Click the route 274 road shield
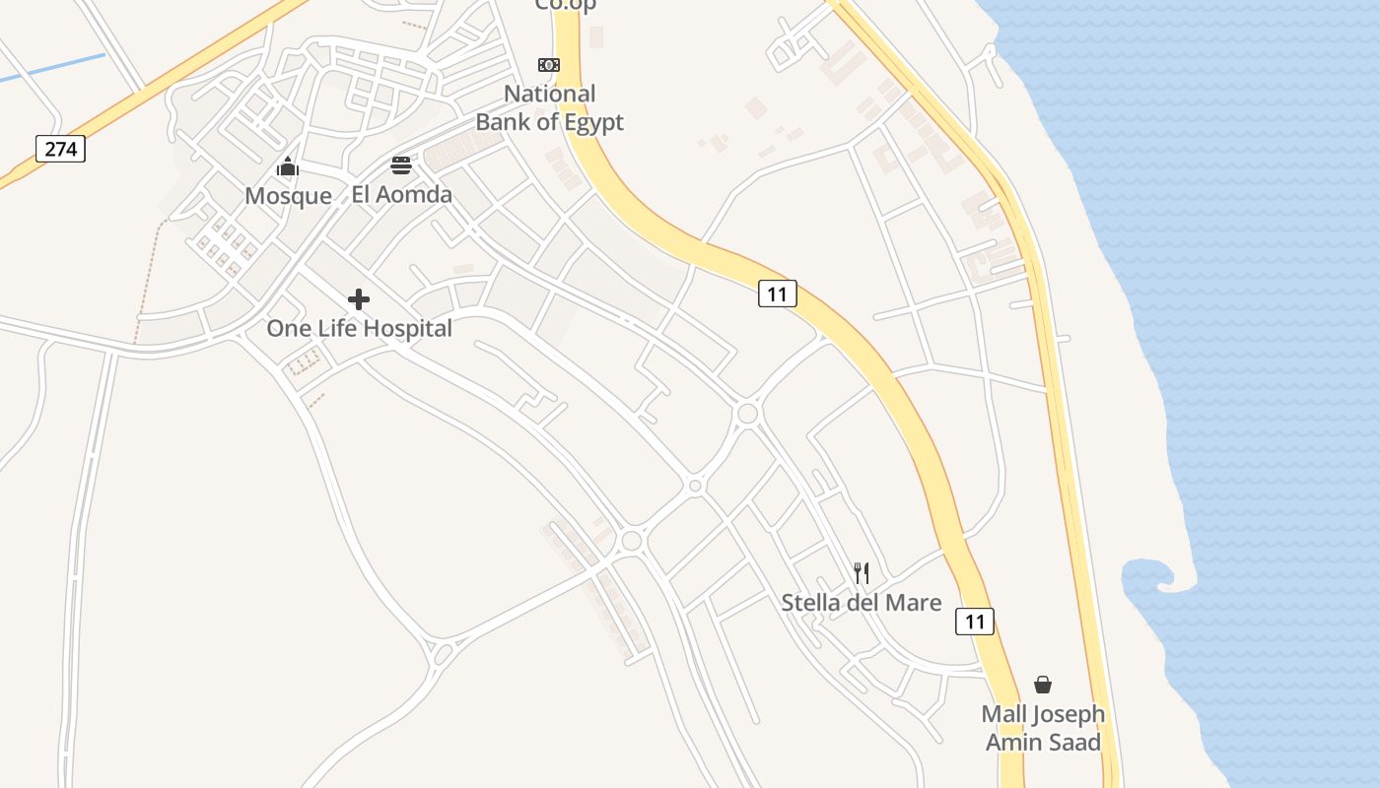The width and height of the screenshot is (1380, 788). click(x=61, y=149)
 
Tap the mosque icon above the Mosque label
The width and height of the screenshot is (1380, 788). click(x=288, y=166)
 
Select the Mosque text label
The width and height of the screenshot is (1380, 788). click(x=288, y=195)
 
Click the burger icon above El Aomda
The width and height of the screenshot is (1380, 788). click(x=401, y=164)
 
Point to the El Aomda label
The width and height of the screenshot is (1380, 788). click(x=401, y=194)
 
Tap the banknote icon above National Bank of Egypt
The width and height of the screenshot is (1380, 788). click(x=549, y=65)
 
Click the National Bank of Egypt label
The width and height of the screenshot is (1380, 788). click(x=550, y=107)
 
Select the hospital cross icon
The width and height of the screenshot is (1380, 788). click(x=359, y=298)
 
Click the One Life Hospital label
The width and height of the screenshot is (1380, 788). click(x=359, y=328)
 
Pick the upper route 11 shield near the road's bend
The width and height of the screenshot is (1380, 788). click(x=777, y=293)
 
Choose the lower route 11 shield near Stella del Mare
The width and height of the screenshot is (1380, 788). click(x=974, y=621)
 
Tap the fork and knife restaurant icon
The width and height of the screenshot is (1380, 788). click(x=862, y=572)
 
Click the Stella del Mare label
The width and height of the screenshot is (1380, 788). click(x=862, y=602)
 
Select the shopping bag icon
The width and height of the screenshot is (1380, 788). click(x=1043, y=685)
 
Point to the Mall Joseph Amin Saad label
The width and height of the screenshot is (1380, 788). click(x=1043, y=727)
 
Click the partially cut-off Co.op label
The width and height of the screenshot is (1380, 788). click(x=566, y=5)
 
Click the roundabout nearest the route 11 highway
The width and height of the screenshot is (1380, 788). click(x=747, y=413)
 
